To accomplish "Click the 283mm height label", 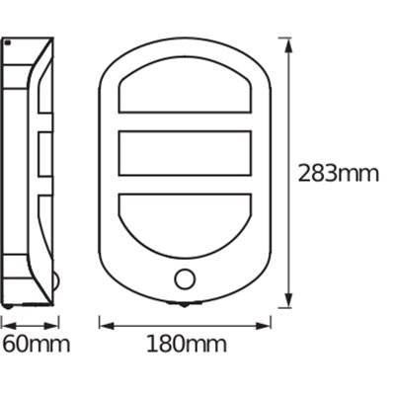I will pos(339,174).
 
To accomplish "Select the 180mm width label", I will pos(187,345).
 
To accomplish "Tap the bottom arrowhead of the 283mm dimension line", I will pos(287,302).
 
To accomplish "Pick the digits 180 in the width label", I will pos(168,345).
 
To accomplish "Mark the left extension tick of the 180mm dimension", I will pos(100,322).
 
